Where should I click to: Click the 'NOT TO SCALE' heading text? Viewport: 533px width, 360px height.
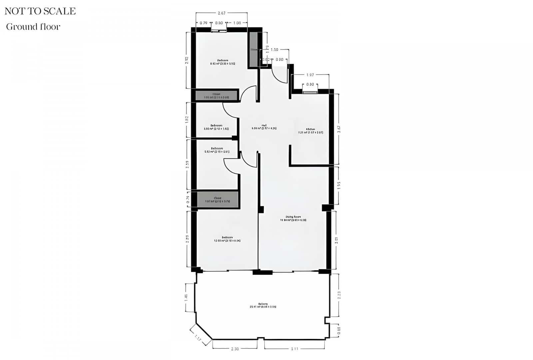[x=40, y=11]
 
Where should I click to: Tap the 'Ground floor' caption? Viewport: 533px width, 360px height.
[x=33, y=27]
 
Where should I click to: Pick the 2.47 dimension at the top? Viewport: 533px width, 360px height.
[x=222, y=13]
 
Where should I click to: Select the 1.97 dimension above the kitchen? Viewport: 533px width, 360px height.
[x=310, y=75]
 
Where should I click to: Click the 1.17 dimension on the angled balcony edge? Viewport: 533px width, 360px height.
[x=198, y=338]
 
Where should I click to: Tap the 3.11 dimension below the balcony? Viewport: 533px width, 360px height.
[x=294, y=349]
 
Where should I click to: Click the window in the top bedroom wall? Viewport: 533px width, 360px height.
[x=219, y=31]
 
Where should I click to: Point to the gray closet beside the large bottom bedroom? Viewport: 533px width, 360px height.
[x=218, y=200]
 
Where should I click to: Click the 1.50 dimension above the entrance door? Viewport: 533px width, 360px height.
[x=274, y=50]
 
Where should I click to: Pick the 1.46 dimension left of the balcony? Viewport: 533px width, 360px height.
[x=187, y=297]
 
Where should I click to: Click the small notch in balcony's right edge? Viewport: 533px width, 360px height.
[x=327, y=320]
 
